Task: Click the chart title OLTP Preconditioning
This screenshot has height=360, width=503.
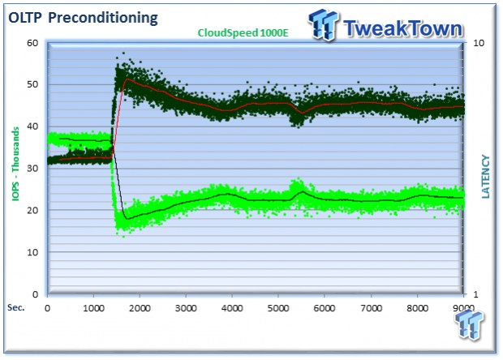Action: coord(83,18)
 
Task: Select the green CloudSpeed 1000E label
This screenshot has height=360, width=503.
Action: coord(243,32)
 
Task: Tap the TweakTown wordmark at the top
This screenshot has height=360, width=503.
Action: coord(403,28)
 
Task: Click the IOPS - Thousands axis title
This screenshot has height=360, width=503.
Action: coord(15,164)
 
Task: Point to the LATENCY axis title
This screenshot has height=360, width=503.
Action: coord(486,177)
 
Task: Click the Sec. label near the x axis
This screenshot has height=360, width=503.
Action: coord(16,307)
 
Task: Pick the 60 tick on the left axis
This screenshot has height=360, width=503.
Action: coord(32,43)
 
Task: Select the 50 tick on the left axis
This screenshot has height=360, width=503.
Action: coord(32,84)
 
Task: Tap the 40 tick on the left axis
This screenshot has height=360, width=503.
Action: coord(32,126)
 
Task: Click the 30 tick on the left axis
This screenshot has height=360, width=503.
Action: coord(32,169)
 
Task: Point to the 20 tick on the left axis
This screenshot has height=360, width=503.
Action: coord(32,211)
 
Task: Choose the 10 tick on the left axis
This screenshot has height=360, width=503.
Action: coord(32,253)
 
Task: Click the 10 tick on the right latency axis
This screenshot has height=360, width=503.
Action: coord(479,43)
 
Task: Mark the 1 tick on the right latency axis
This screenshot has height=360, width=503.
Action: coord(475,294)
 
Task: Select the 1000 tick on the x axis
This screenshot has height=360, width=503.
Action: coord(93,308)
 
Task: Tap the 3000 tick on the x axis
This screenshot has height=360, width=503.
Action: coord(186,308)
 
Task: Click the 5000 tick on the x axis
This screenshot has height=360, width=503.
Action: coord(278,308)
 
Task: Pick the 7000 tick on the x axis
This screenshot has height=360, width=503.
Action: coord(371,308)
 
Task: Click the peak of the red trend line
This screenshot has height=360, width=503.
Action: coord(127,79)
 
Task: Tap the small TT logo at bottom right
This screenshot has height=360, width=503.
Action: coord(469,325)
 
